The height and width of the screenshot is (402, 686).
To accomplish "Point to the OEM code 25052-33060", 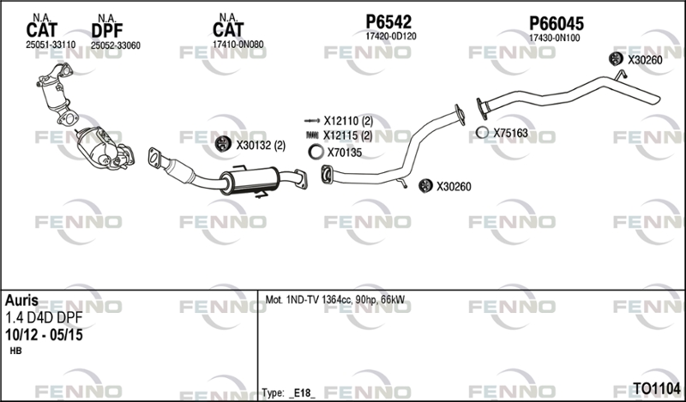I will click(x=116, y=45).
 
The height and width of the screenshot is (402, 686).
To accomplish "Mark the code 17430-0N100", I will click(x=554, y=37).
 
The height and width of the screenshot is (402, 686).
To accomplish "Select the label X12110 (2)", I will click(x=348, y=120).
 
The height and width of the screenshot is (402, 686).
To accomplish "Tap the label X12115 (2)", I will click(x=348, y=135).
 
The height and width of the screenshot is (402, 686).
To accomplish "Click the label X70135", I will click(x=345, y=153).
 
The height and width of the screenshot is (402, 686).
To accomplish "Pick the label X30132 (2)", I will click(x=261, y=145).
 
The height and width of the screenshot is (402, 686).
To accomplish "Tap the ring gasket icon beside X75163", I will click(x=483, y=133).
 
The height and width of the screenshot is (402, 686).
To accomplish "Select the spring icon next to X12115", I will click(x=313, y=135).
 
